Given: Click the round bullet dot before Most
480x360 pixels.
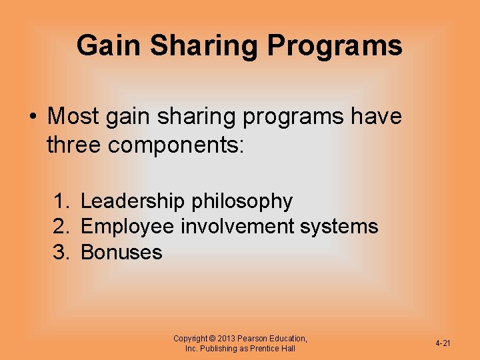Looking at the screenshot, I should tap(33, 117).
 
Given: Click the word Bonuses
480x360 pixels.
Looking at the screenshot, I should tap(121, 253).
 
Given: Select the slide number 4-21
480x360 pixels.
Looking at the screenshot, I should tap(443, 343).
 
